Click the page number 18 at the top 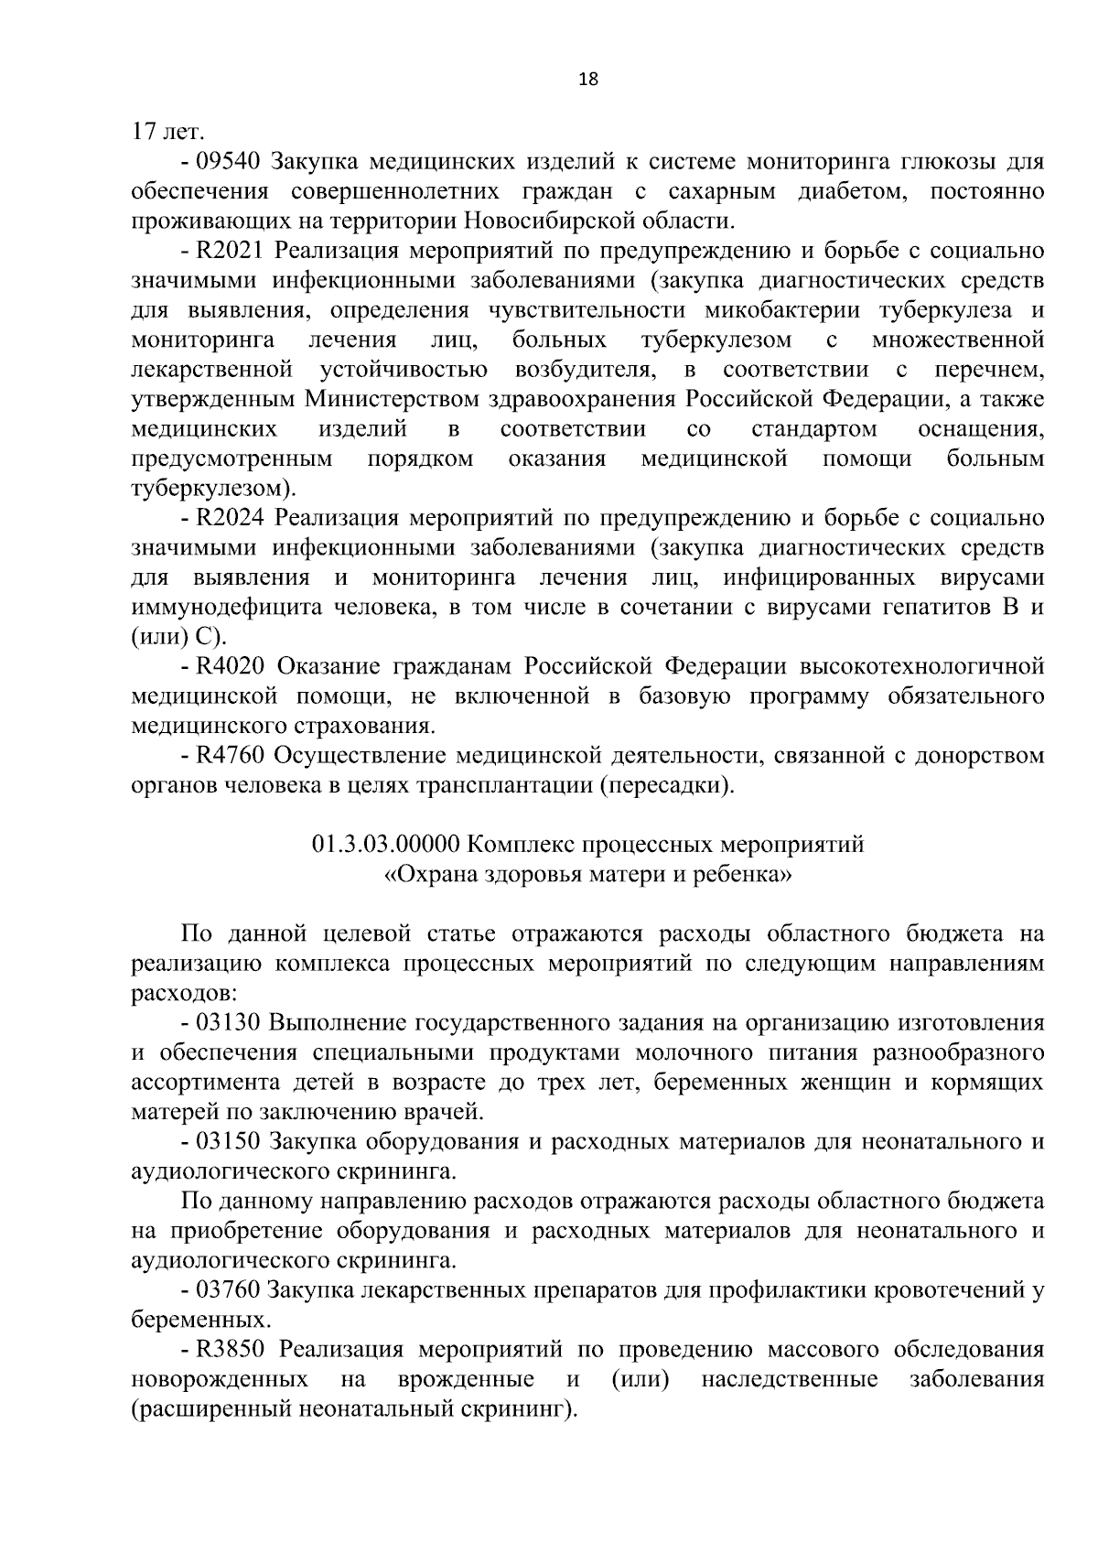coord(588,80)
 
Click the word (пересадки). coord(668,785)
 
